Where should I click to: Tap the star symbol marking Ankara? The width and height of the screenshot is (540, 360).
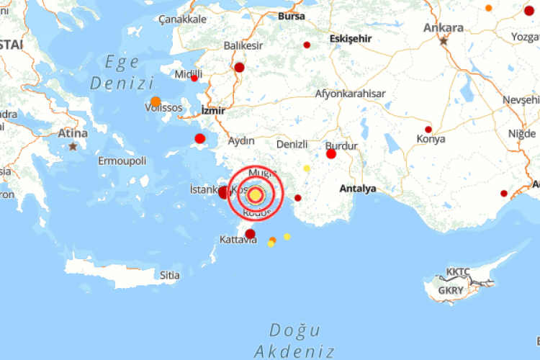click(x=444, y=41)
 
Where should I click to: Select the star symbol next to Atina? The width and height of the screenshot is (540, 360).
click(x=73, y=146)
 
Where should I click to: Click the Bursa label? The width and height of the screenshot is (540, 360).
click(x=291, y=14)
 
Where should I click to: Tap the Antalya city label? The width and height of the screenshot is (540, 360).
click(x=358, y=189)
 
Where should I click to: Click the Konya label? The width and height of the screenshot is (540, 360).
click(x=431, y=139)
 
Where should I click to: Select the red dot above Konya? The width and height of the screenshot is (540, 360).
click(x=428, y=130)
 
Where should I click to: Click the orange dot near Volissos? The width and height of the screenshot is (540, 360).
click(x=156, y=102)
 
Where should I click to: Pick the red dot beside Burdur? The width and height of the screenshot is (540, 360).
click(x=331, y=153)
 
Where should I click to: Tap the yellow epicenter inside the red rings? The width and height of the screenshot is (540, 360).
click(x=256, y=195)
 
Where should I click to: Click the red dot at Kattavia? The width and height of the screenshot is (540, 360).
click(x=250, y=233)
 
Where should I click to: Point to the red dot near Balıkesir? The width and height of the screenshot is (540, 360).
click(x=240, y=68)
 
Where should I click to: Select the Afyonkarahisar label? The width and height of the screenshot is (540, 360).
click(x=351, y=94)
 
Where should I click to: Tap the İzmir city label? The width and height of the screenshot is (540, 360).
click(x=213, y=111)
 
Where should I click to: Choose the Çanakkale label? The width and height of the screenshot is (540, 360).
click(x=182, y=19)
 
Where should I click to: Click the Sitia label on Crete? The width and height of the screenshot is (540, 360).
click(x=170, y=275)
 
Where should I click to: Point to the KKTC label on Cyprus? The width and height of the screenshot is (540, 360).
click(x=458, y=271)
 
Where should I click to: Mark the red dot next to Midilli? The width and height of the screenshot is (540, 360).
click(x=194, y=78)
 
